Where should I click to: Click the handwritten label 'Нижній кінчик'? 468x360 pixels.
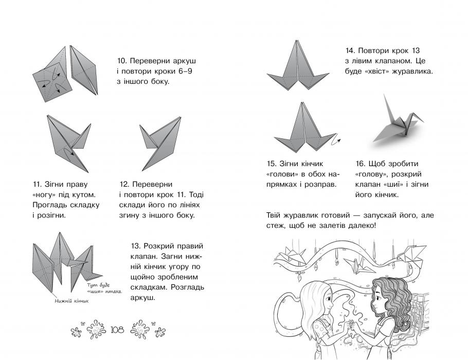pos(71,302)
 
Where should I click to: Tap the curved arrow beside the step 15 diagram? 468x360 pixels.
pos(337,139)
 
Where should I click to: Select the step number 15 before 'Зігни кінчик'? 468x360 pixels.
pos(272,164)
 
